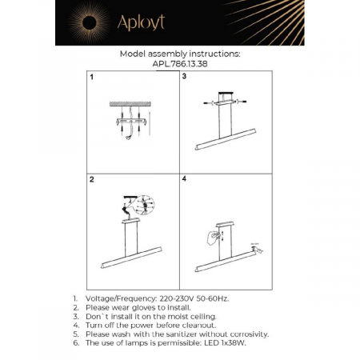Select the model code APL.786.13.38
click(x=179, y=64)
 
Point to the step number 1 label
click(x=91, y=78)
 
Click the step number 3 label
click(x=184, y=78)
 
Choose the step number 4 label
click(x=184, y=179)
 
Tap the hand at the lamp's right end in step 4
click(x=258, y=250)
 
